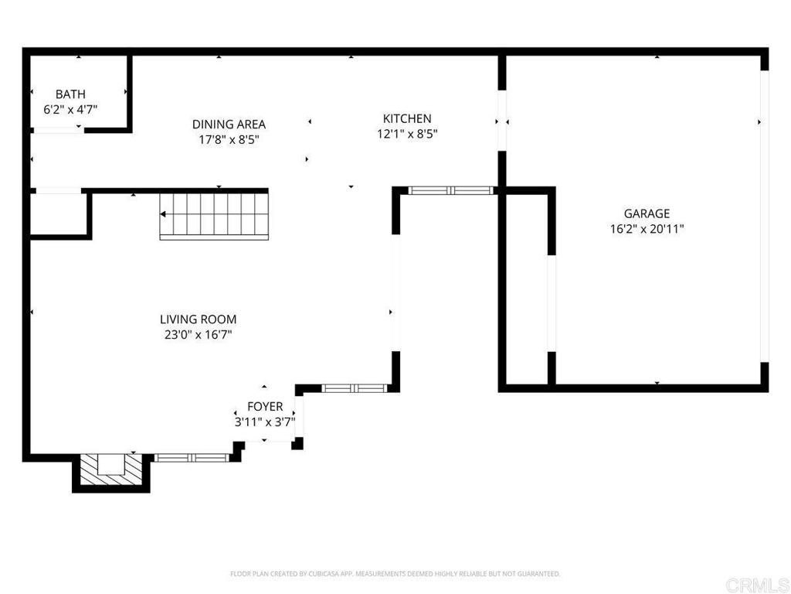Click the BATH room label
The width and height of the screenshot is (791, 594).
[70, 94]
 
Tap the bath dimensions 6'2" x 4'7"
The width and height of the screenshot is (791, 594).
[70, 110]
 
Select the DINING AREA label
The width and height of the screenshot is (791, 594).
[229, 124]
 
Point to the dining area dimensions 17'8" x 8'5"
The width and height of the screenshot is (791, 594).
[229, 140]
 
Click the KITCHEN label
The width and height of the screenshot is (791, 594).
[407, 118]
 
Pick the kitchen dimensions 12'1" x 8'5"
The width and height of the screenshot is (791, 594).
[407, 135]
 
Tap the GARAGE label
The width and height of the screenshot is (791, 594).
[647, 213]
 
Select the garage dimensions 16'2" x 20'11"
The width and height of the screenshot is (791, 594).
[647, 229]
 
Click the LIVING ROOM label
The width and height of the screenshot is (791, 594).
[198, 319]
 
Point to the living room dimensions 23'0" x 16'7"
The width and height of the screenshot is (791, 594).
[198, 335]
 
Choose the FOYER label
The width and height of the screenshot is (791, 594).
[265, 407]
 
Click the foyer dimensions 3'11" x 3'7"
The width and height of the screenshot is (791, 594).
[265, 422]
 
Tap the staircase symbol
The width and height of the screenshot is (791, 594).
[214, 216]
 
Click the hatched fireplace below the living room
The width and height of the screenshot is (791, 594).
[111, 469]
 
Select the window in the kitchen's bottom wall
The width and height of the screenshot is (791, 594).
[450, 190]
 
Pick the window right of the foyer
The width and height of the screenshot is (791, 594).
[353, 387]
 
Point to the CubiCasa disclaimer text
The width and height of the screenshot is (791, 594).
[395, 574]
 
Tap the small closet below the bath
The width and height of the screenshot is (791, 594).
[59, 213]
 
